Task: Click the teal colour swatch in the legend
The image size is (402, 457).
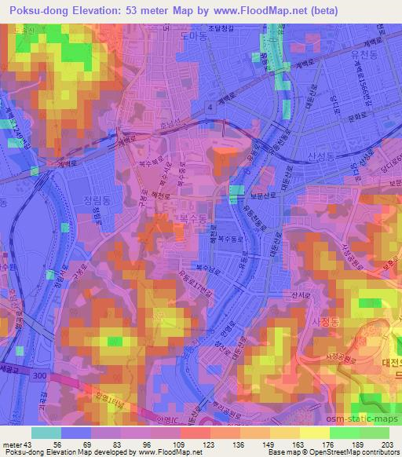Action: pyautogui.click(x=46, y=433)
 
